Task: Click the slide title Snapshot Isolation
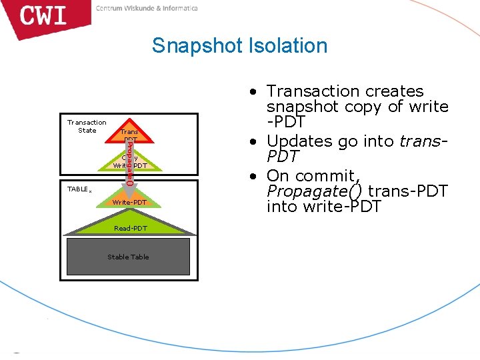click(239, 45)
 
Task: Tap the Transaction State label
click(87, 126)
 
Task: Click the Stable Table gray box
click(128, 257)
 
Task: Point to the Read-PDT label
click(130, 228)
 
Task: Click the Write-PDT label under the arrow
click(129, 202)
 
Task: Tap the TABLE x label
click(79, 189)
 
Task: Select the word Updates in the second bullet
click(297, 141)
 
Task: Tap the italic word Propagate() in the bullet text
click(315, 191)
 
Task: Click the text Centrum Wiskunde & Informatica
click(147, 8)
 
